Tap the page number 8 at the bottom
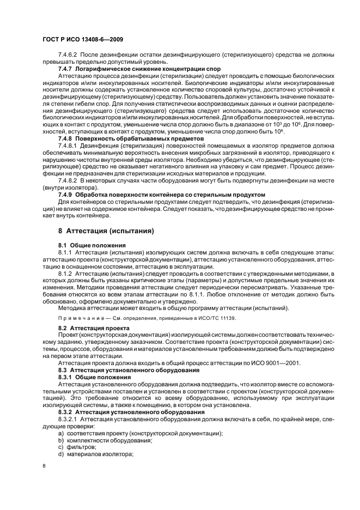pyautogui.click(x=44, y=465)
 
